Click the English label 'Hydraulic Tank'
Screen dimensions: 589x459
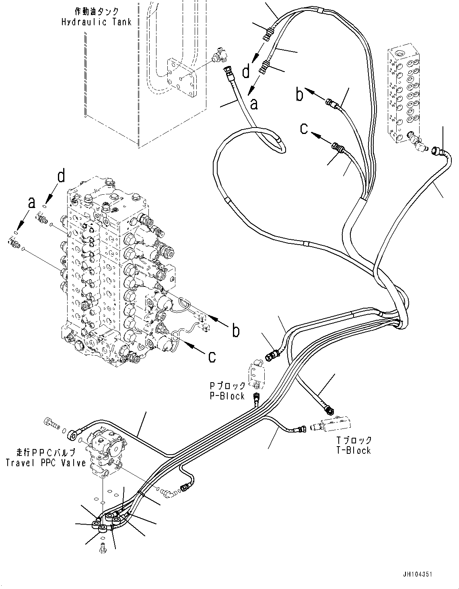(x=96, y=22)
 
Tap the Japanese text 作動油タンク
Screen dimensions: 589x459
(x=97, y=12)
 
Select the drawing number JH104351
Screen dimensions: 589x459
(x=415, y=575)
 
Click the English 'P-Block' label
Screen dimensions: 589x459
(x=227, y=396)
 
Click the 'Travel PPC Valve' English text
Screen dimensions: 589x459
(x=45, y=463)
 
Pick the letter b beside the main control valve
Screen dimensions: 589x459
(x=236, y=330)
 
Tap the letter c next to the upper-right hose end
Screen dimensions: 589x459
(x=305, y=128)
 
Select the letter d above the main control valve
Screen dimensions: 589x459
(x=61, y=176)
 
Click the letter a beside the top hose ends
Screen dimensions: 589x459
(x=253, y=104)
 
